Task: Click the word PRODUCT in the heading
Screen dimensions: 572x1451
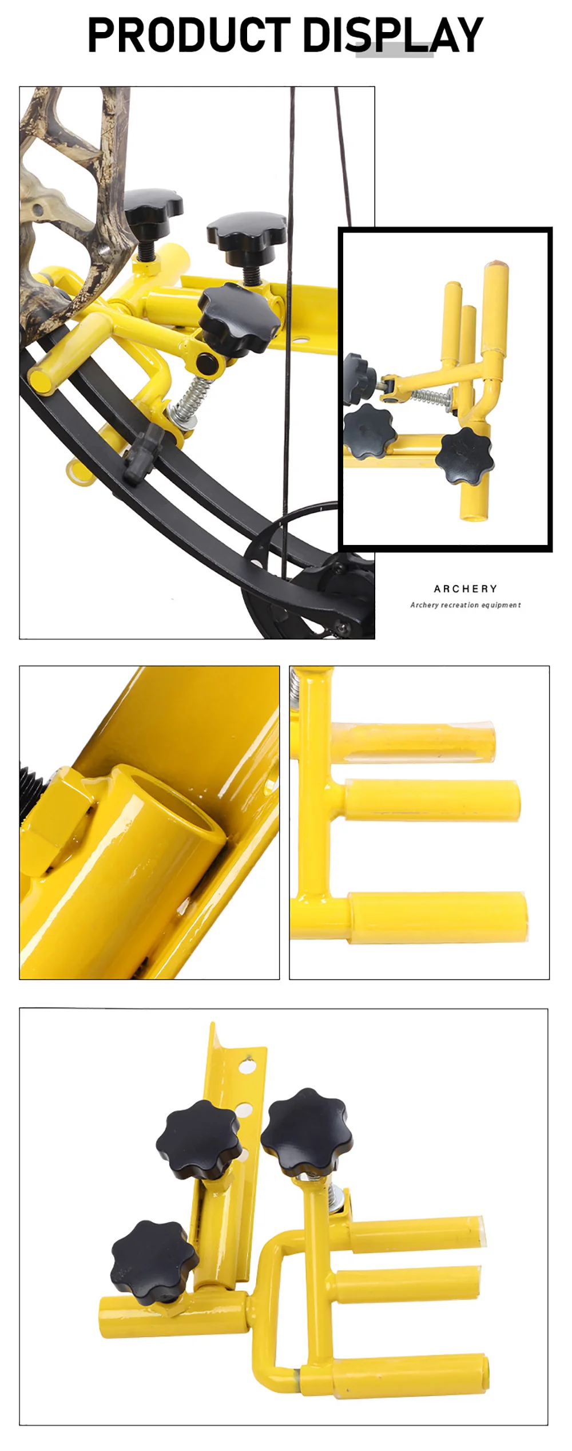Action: pyautogui.click(x=189, y=35)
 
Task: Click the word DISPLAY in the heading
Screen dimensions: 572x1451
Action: pyautogui.click(x=393, y=35)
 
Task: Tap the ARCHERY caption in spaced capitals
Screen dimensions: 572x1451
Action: pyautogui.click(x=466, y=588)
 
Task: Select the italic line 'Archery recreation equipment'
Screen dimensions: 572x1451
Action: pyautogui.click(x=466, y=605)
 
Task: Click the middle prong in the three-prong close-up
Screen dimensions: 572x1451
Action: pyautogui.click(x=432, y=800)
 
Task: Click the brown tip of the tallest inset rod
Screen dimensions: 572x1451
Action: pyautogui.click(x=495, y=266)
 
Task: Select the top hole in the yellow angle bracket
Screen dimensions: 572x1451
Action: pyautogui.click(x=247, y=1067)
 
